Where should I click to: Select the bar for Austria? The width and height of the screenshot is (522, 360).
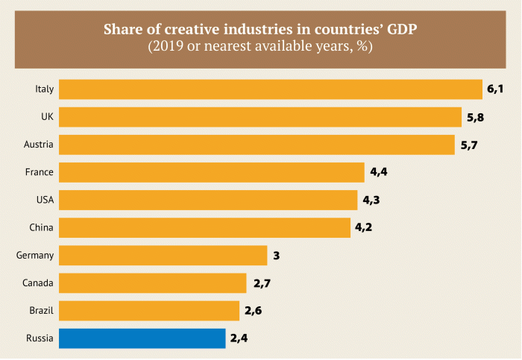pyautogui.click(x=257, y=145)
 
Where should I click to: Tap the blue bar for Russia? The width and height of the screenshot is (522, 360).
pyautogui.click(x=142, y=338)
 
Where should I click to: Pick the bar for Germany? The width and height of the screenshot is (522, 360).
pyautogui.click(x=163, y=256)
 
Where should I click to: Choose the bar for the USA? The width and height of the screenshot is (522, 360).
pyautogui.click(x=208, y=200)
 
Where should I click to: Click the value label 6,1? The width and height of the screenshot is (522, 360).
pyautogui.click(x=496, y=89)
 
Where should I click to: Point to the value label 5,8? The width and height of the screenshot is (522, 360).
pyautogui.click(x=475, y=117)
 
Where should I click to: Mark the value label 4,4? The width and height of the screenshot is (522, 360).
pyautogui.click(x=379, y=172)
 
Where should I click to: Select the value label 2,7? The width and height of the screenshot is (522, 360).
pyautogui.click(x=261, y=283)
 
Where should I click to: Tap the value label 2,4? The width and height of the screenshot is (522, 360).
pyautogui.click(x=239, y=338)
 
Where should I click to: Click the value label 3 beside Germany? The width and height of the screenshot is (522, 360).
pyautogui.click(x=276, y=256)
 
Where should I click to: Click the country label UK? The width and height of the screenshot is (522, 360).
pyautogui.click(x=46, y=117)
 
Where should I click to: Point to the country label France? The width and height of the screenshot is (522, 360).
pyautogui.click(x=39, y=172)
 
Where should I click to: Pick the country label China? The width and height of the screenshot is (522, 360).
pyautogui.click(x=40, y=227)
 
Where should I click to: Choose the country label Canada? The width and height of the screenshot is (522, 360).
pyautogui.click(x=37, y=283)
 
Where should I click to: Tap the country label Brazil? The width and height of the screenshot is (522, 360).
pyautogui.click(x=40, y=311)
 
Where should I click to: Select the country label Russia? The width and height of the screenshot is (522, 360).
pyautogui.click(x=39, y=338)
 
